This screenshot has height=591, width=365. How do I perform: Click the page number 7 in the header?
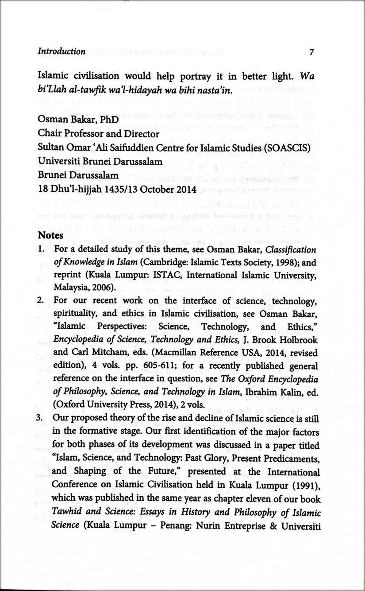click(x=311, y=51)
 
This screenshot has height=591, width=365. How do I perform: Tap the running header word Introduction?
click(x=61, y=51)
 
